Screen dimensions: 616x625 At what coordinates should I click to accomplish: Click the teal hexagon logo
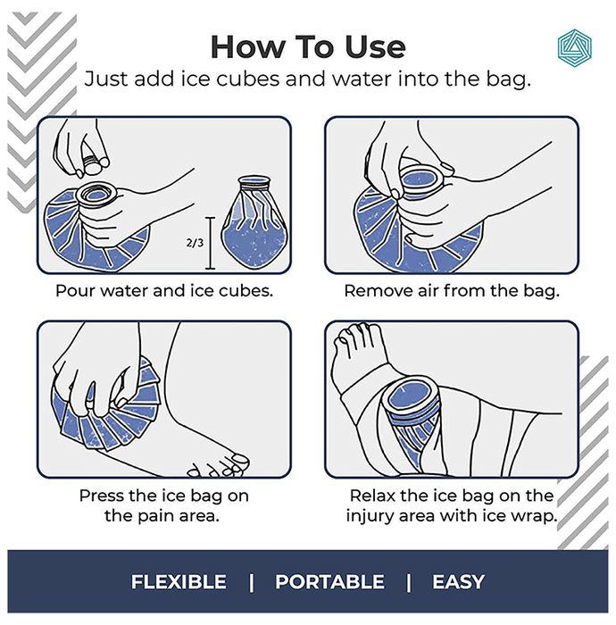(x=574, y=48)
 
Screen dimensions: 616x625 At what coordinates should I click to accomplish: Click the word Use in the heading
(x=375, y=47)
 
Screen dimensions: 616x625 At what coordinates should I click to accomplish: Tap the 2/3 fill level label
(x=195, y=242)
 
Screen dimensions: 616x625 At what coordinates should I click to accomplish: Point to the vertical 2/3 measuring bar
(x=210, y=243)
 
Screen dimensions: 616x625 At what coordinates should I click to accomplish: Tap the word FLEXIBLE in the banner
(x=179, y=581)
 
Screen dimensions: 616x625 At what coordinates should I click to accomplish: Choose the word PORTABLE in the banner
(x=330, y=581)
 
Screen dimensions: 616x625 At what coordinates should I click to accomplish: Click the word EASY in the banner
(x=458, y=581)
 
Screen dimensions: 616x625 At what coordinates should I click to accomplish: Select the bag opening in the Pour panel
(x=96, y=195)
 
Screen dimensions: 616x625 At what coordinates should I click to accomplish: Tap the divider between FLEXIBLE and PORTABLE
(x=252, y=582)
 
